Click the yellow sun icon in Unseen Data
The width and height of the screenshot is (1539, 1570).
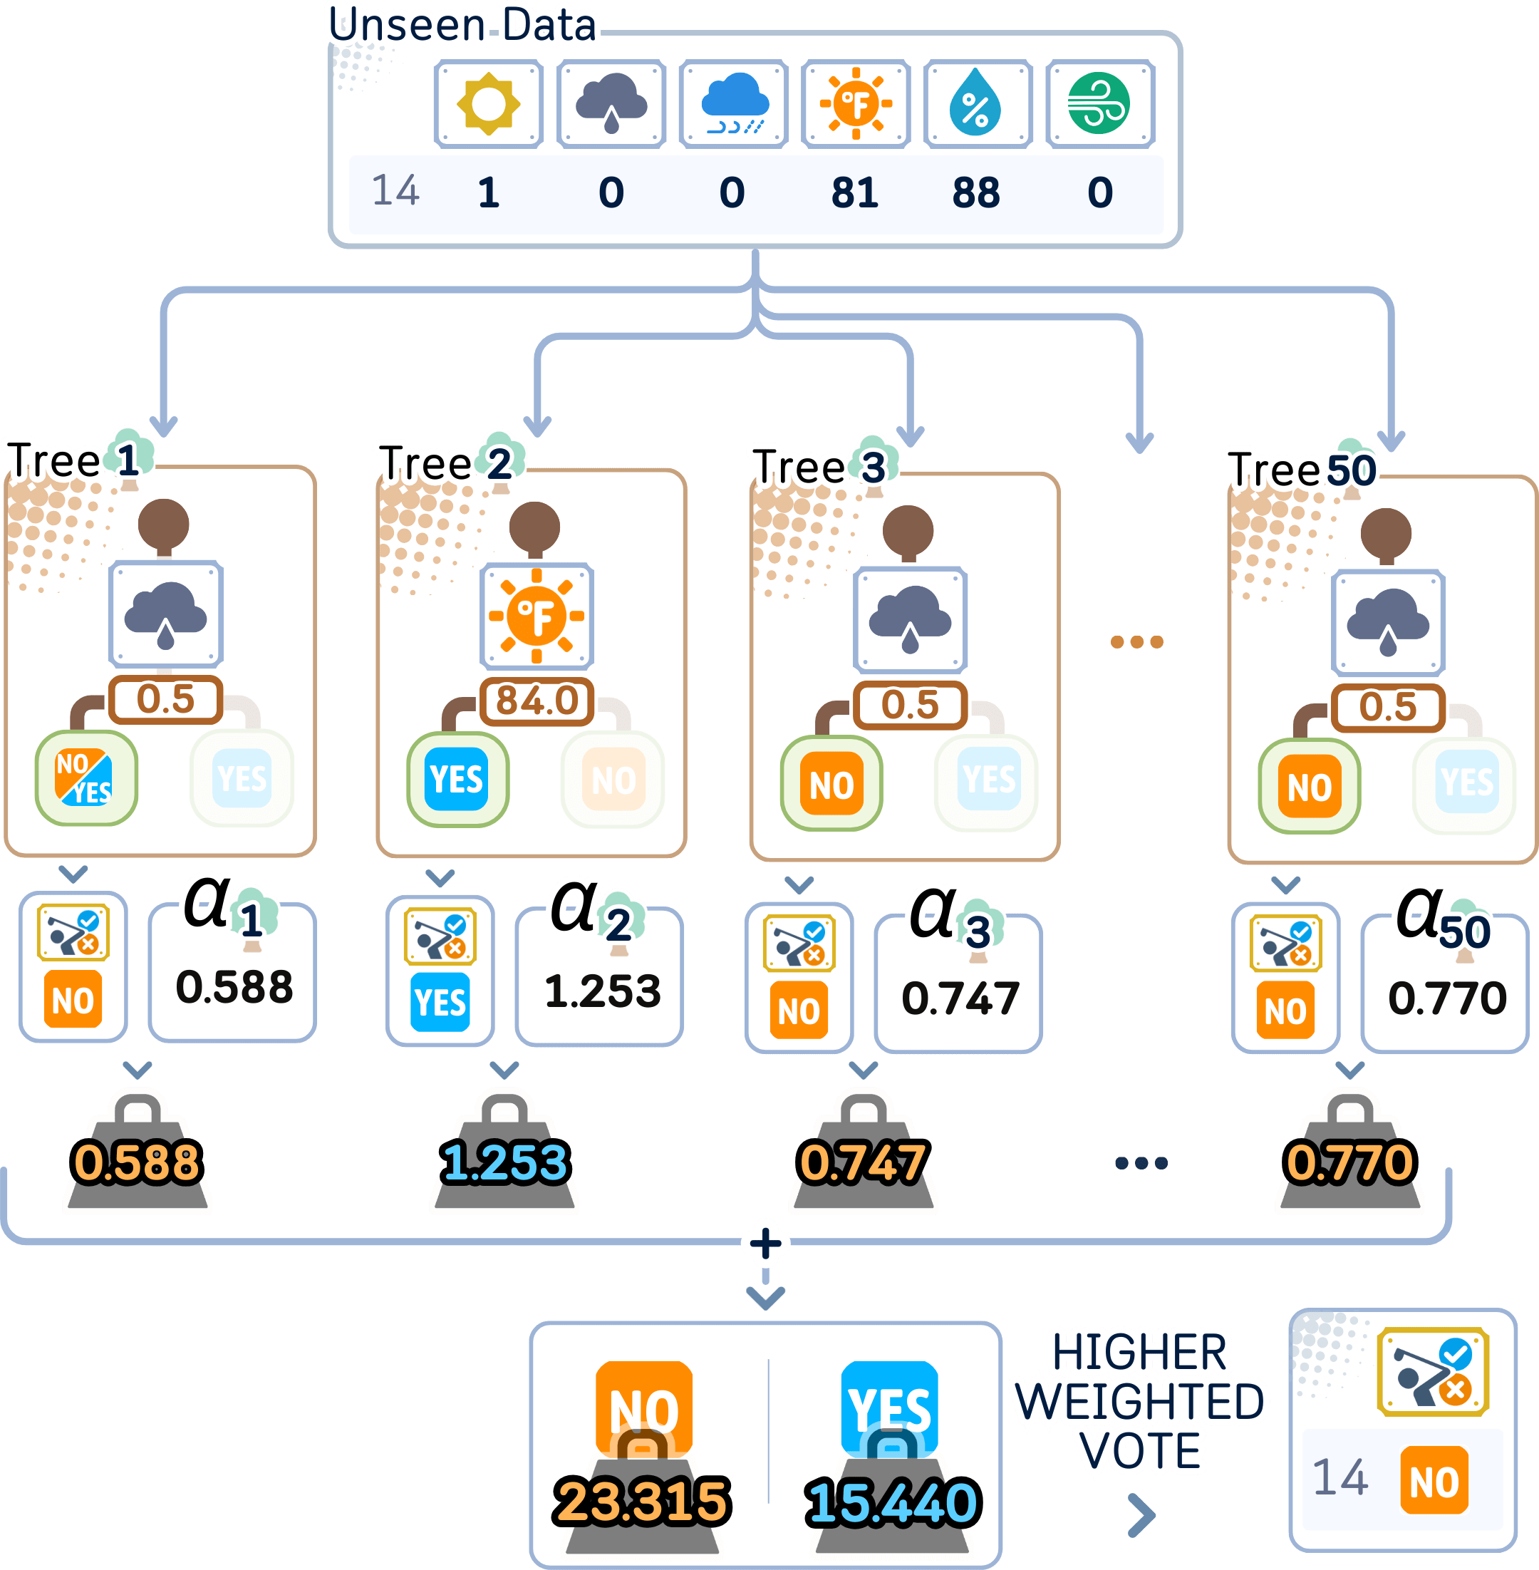(x=488, y=104)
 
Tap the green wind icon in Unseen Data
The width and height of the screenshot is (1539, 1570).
(x=1099, y=104)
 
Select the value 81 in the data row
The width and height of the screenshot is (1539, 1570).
(x=854, y=193)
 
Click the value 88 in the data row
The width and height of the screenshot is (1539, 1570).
(x=975, y=193)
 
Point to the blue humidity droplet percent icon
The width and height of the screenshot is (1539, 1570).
(x=976, y=104)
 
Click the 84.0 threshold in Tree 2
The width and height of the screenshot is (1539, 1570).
(x=537, y=700)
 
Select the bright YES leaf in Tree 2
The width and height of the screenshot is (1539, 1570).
(x=457, y=780)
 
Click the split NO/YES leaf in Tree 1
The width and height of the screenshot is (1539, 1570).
(x=85, y=778)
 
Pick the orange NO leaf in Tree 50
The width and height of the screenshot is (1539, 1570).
(x=1310, y=787)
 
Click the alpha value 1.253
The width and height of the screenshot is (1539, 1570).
(x=602, y=991)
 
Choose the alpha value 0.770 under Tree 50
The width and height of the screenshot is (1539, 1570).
(x=1447, y=998)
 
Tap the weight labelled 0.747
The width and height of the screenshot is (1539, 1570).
(x=862, y=1162)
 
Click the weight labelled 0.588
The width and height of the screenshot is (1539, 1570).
(x=137, y=1162)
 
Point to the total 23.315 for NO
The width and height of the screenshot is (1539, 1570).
(x=643, y=1500)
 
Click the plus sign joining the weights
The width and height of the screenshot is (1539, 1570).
(x=765, y=1244)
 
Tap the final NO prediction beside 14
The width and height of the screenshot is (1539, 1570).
(x=1434, y=1481)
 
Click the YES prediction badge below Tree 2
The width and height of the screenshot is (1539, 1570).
(x=440, y=1003)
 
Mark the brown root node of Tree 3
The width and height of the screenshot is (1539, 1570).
(x=908, y=530)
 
